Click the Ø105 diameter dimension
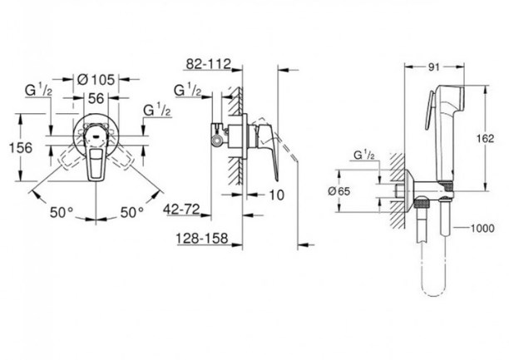[96, 79]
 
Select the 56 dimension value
[96, 98]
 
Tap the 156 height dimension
[21, 148]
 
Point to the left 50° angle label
[62, 212]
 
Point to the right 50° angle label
[131, 212]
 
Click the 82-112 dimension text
[208, 64]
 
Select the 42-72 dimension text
[181, 210]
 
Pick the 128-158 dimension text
[202, 239]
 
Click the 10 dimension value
[277, 195]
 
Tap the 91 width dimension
[434, 67]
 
